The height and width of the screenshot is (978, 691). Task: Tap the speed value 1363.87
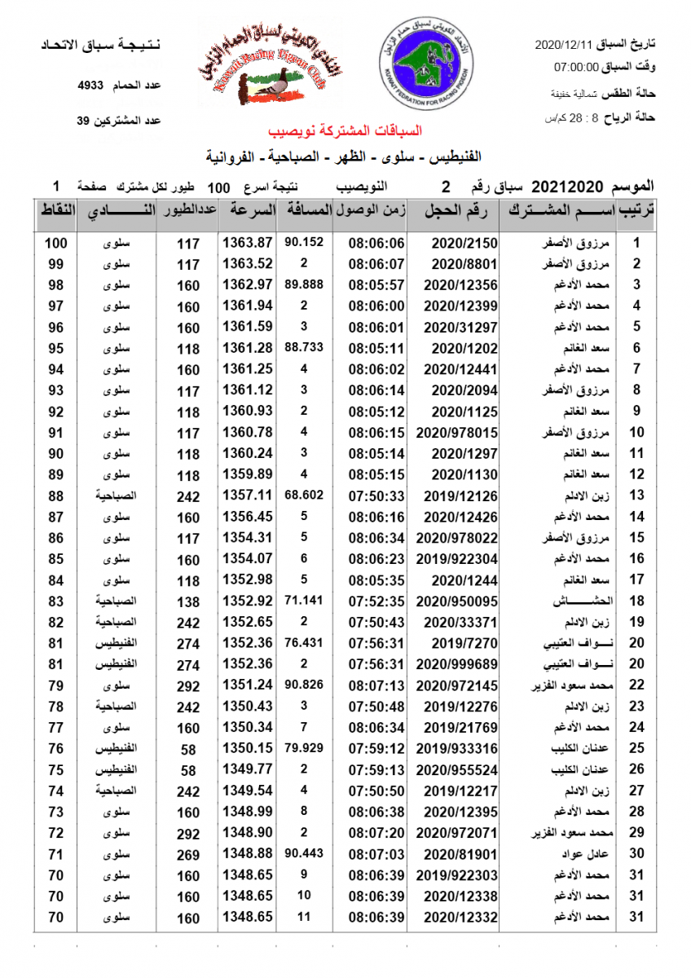coord(247,243)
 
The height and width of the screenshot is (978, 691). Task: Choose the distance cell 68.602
coord(304,495)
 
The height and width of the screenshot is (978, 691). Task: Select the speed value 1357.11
coord(247,495)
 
